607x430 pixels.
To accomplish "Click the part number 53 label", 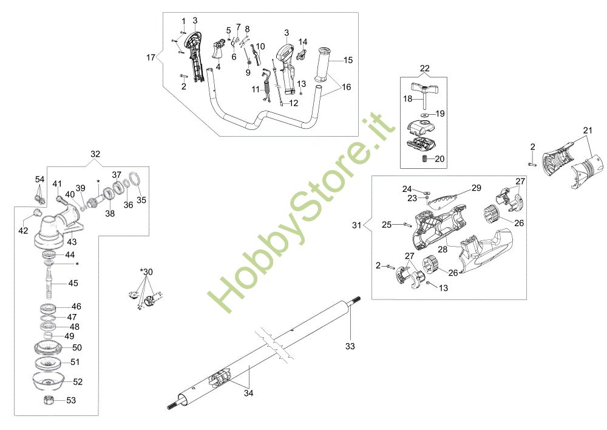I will coord(72,400).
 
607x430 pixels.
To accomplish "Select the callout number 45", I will coord(73,283).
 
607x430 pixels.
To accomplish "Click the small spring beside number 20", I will coord(423,159).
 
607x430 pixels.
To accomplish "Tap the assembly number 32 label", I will coord(96,154).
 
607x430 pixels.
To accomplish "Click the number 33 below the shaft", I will coord(350,346).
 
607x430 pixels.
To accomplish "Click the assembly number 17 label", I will coord(151,58).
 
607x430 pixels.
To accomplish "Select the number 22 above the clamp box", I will coord(424,68).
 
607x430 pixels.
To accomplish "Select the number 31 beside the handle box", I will coord(356,225).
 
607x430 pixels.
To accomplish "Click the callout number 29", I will coord(476,188).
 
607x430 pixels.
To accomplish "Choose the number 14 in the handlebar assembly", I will coord(303,42).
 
